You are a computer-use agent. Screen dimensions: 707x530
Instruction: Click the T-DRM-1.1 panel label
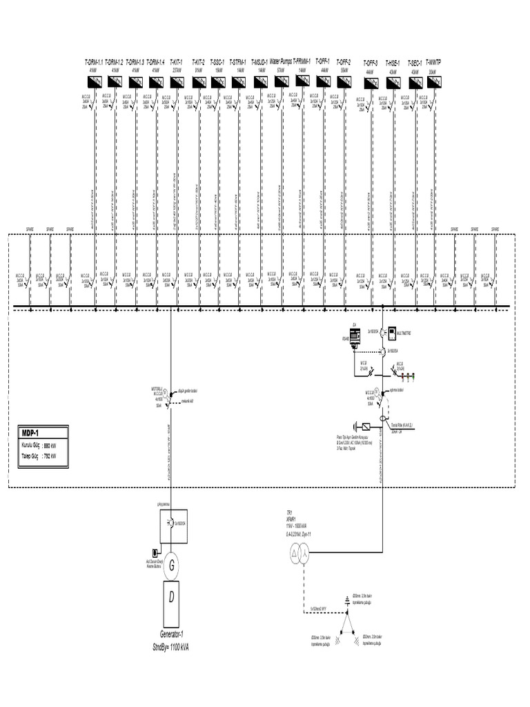(93, 62)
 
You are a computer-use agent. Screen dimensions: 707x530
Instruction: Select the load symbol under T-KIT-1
(177, 81)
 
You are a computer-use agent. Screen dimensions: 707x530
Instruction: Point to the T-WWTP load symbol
(434, 81)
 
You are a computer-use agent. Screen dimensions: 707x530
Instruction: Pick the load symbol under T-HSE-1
(393, 81)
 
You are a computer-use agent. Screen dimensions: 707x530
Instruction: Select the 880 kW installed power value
(49, 445)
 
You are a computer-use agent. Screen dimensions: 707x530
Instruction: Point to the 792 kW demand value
(49, 456)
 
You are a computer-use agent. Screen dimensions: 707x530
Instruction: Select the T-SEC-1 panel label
(415, 62)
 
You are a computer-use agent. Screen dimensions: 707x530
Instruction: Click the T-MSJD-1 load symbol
(259, 81)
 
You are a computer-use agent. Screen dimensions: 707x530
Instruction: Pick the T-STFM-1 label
(238, 62)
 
